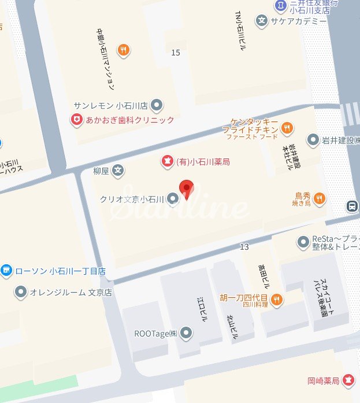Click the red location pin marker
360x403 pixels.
[185, 189]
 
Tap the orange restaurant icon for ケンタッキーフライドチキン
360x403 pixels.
[288, 126]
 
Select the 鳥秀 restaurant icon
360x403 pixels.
[319, 199]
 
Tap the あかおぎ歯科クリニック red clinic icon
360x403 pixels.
[76, 120]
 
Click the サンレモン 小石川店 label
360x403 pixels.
[111, 106]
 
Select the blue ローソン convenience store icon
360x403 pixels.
[6, 269]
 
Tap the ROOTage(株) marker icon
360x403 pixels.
[185, 332]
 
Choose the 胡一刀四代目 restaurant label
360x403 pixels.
[244, 298]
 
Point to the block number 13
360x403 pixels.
[244, 247]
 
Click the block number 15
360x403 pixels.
[176, 53]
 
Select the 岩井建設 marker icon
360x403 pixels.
[313, 139]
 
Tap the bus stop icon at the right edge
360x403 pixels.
[351, 206]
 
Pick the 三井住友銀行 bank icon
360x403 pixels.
[280, 5]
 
